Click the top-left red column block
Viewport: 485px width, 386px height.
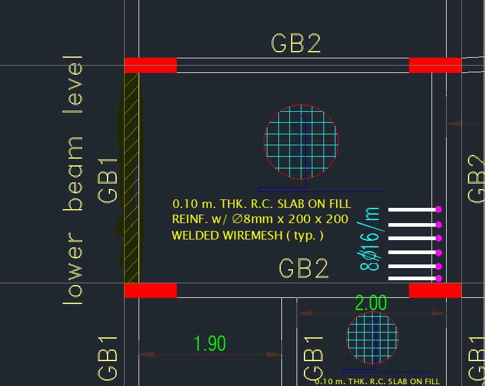(150, 65)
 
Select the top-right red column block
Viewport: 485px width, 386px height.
(435, 65)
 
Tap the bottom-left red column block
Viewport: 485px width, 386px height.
(150, 290)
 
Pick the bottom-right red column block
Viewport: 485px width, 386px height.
(435, 290)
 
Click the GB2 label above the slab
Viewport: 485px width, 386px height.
(295, 44)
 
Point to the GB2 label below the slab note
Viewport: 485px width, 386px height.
(303, 268)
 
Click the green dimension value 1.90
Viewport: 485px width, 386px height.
(209, 343)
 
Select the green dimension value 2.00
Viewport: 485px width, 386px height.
(370, 303)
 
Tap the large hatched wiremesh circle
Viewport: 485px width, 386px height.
(301, 142)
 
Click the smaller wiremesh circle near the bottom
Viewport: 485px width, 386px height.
(373, 338)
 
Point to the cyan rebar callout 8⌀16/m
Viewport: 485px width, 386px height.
(370, 239)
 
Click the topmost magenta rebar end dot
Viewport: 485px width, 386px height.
(438, 209)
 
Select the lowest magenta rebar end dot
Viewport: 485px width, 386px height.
(438, 278)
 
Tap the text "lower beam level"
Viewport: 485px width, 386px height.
(72, 180)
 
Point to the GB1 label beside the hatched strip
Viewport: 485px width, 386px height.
(108, 180)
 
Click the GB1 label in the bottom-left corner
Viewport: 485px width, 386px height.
(108, 358)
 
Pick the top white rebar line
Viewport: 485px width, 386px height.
(412, 209)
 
